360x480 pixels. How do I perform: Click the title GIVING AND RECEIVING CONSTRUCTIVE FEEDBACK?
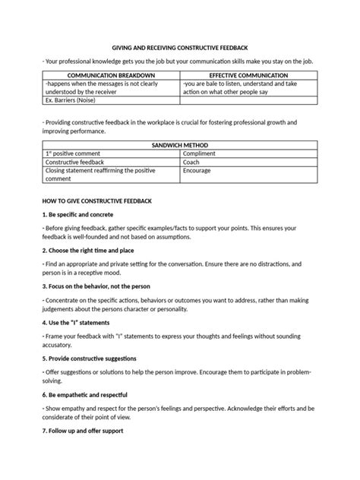point(180,47)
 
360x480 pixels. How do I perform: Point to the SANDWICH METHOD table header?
point(179,145)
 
